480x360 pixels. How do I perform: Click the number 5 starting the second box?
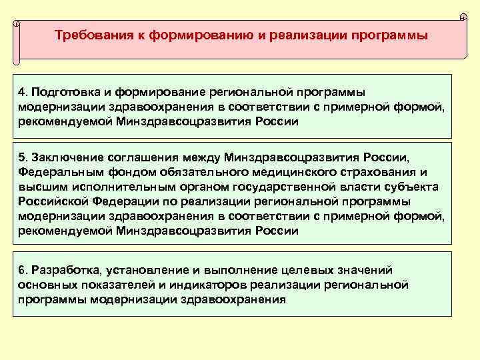[23, 157]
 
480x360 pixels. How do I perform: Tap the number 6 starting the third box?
[23, 270]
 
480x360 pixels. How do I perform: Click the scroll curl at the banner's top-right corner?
[463, 16]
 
